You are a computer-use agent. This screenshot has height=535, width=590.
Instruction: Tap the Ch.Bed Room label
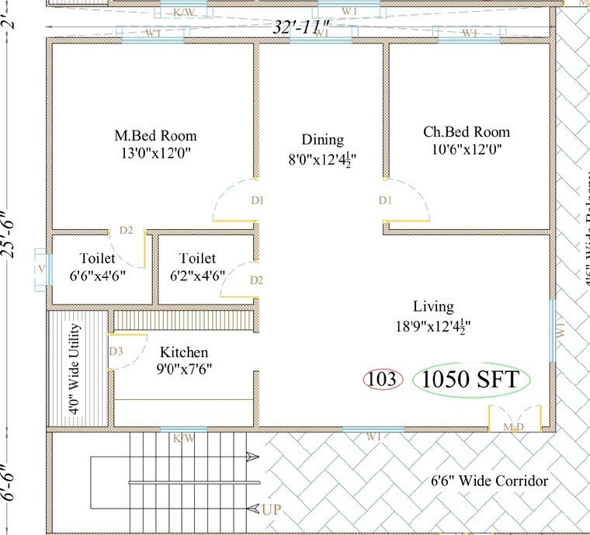coord(467,131)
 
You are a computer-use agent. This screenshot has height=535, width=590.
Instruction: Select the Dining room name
coord(323,140)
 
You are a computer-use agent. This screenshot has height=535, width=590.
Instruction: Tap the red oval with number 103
coord(383,380)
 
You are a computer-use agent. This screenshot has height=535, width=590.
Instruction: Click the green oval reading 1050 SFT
coord(472,380)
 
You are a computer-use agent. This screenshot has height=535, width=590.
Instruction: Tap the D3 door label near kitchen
coord(116,352)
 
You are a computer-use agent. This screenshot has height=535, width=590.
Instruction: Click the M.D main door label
coord(512,428)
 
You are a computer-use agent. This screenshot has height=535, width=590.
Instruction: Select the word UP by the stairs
coord(271,509)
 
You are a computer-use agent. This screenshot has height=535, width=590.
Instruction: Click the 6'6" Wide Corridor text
coord(489,481)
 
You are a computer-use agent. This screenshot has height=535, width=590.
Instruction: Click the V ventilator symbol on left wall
coord(40,269)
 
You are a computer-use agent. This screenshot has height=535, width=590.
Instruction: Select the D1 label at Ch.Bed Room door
coord(385,200)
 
